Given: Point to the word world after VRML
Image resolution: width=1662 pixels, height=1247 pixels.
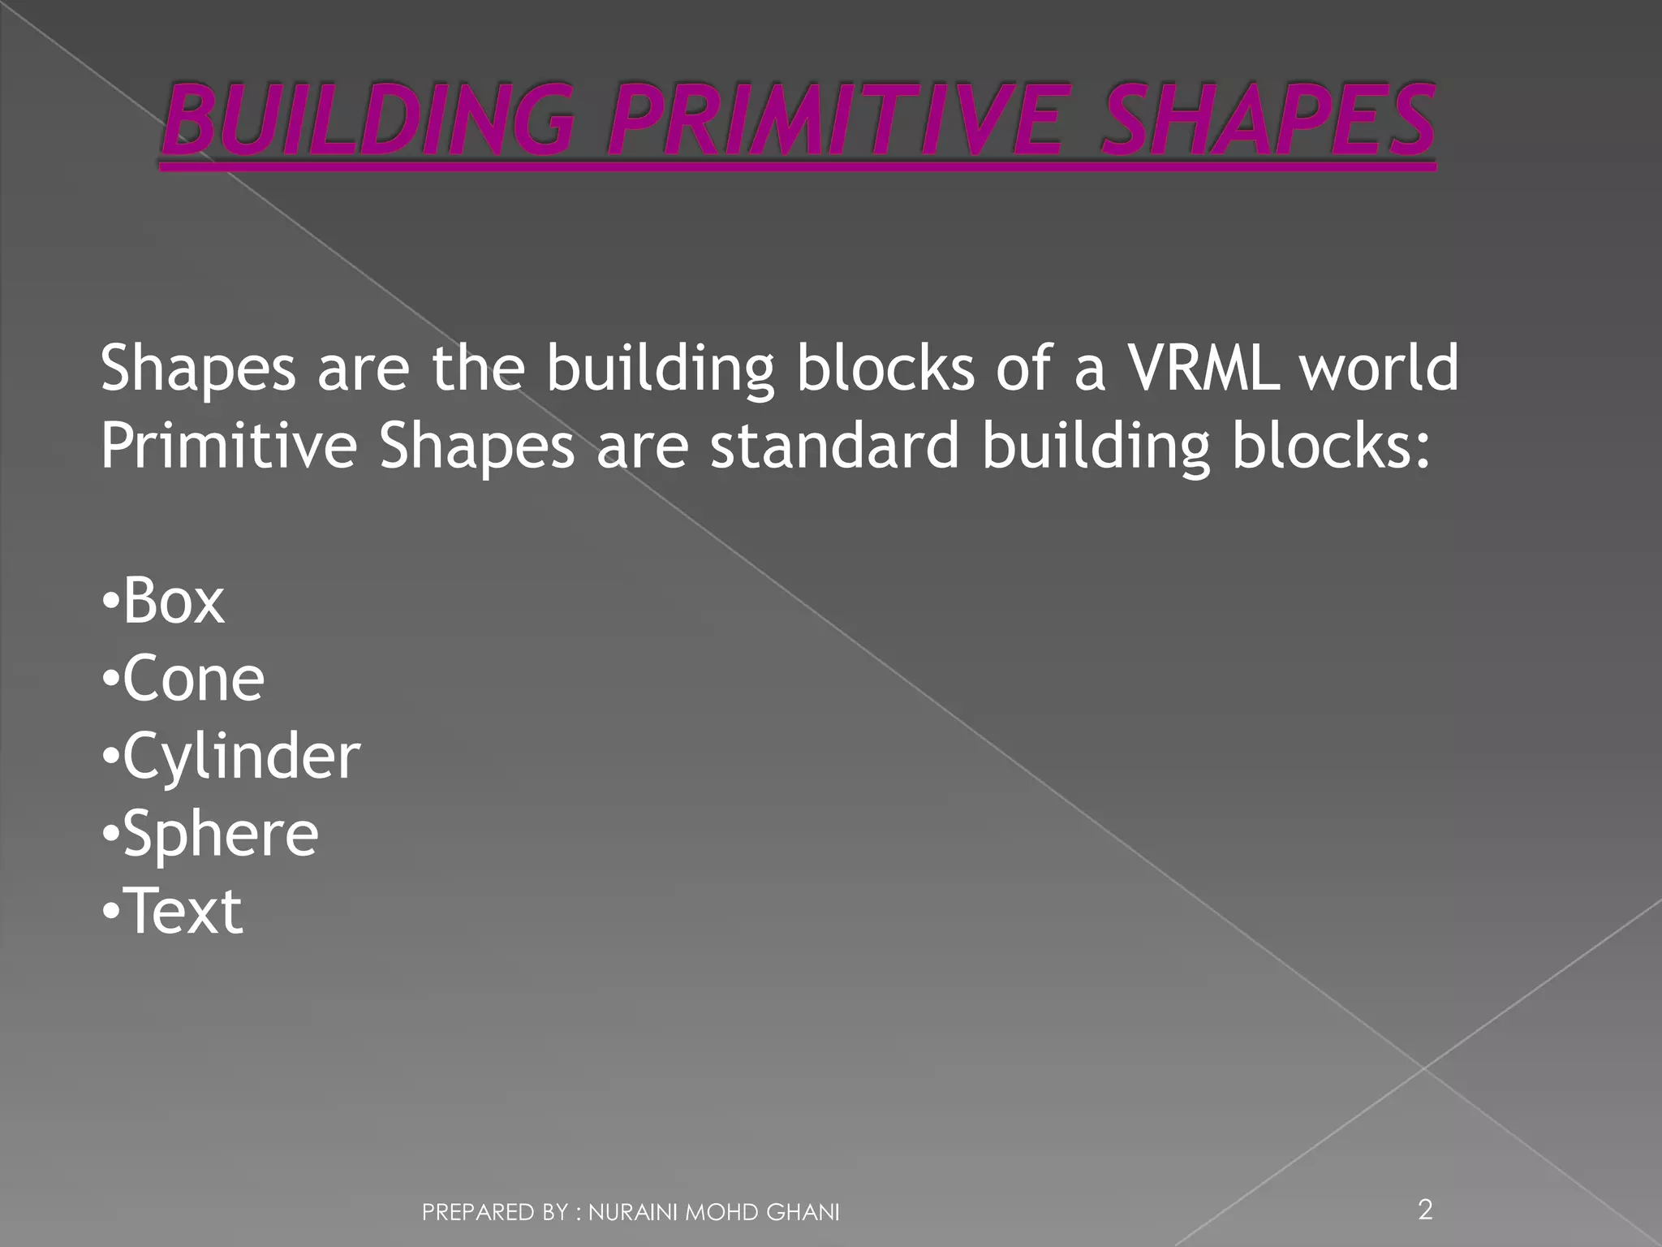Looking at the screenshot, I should (x=1380, y=368).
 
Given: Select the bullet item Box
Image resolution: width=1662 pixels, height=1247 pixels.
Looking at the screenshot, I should (x=173, y=602).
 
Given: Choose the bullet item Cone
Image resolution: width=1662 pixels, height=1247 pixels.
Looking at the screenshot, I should (x=193, y=679).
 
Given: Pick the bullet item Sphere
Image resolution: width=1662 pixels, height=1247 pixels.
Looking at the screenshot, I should (x=220, y=834).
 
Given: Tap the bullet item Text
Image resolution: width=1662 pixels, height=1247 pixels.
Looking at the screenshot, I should (x=185, y=911).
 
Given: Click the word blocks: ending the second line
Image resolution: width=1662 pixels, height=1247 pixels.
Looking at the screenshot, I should (x=1330, y=446).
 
